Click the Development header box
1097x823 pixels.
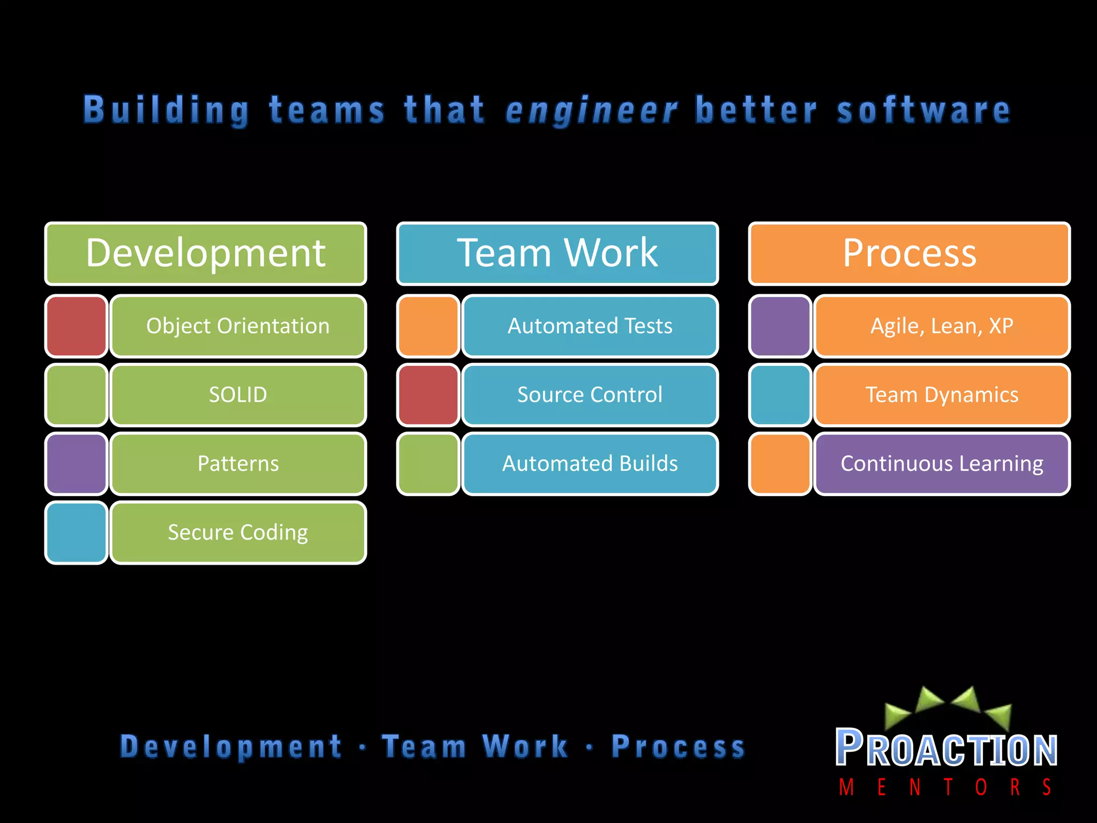point(206,253)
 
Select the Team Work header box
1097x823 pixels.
point(557,253)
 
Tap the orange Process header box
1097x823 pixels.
point(909,253)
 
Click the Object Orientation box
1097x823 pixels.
point(238,326)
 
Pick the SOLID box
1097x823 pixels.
point(238,395)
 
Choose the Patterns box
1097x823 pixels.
point(238,463)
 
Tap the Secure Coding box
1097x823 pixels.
point(238,533)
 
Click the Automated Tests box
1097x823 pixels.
point(590,326)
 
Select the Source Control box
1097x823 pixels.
point(590,395)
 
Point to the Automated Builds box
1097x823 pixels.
point(590,463)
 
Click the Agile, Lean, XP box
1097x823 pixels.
point(942,326)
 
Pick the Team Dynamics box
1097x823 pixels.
point(942,395)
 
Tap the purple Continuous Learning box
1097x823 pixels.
point(942,463)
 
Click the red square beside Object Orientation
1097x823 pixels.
point(77,326)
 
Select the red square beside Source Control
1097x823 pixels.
point(429,395)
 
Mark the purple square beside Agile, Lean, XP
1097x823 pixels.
point(780,326)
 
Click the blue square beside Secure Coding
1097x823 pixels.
point(77,533)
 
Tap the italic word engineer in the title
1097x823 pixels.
point(591,111)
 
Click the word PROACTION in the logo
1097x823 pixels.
point(946,749)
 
